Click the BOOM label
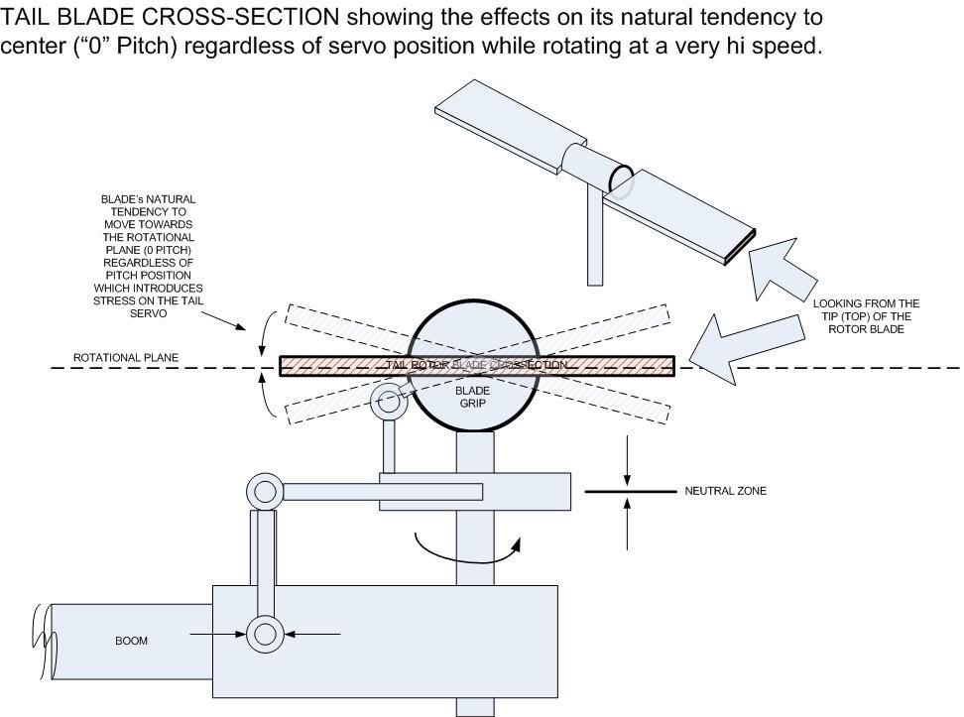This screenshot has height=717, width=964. point(131,641)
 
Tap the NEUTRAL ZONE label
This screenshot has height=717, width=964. point(725,491)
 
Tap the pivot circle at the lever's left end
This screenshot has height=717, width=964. point(265,491)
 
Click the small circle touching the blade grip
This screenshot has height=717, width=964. point(388,403)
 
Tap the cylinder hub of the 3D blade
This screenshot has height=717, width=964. point(595,168)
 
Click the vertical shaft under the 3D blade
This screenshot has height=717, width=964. point(595,238)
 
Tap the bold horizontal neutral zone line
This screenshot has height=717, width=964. point(627,492)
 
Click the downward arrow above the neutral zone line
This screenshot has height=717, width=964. point(627,458)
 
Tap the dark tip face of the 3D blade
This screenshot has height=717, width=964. point(741,247)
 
